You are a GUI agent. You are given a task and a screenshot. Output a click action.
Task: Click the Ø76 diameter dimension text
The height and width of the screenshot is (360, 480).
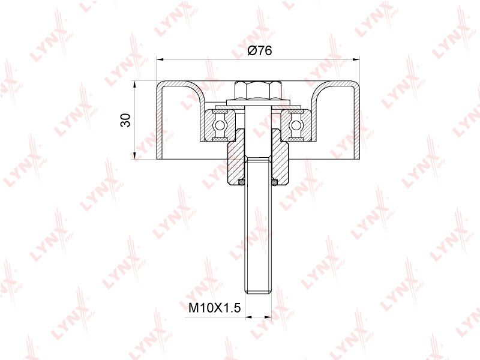point(259,50)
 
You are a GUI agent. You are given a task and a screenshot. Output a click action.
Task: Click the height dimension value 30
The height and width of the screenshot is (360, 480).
point(125,120)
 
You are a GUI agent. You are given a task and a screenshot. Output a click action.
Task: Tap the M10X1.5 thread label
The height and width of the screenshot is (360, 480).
point(215,308)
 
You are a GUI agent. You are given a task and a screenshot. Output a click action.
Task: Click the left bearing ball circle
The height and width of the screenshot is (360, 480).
point(220,125)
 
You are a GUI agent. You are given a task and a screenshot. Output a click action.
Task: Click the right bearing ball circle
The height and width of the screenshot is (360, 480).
point(296,125)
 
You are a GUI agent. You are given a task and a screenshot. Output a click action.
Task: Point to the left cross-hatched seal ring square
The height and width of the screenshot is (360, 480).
point(242,182)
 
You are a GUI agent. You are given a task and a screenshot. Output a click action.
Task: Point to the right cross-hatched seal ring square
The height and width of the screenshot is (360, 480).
point(274,182)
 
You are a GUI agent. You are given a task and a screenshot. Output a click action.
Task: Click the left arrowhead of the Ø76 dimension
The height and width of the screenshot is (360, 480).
point(159,59)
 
